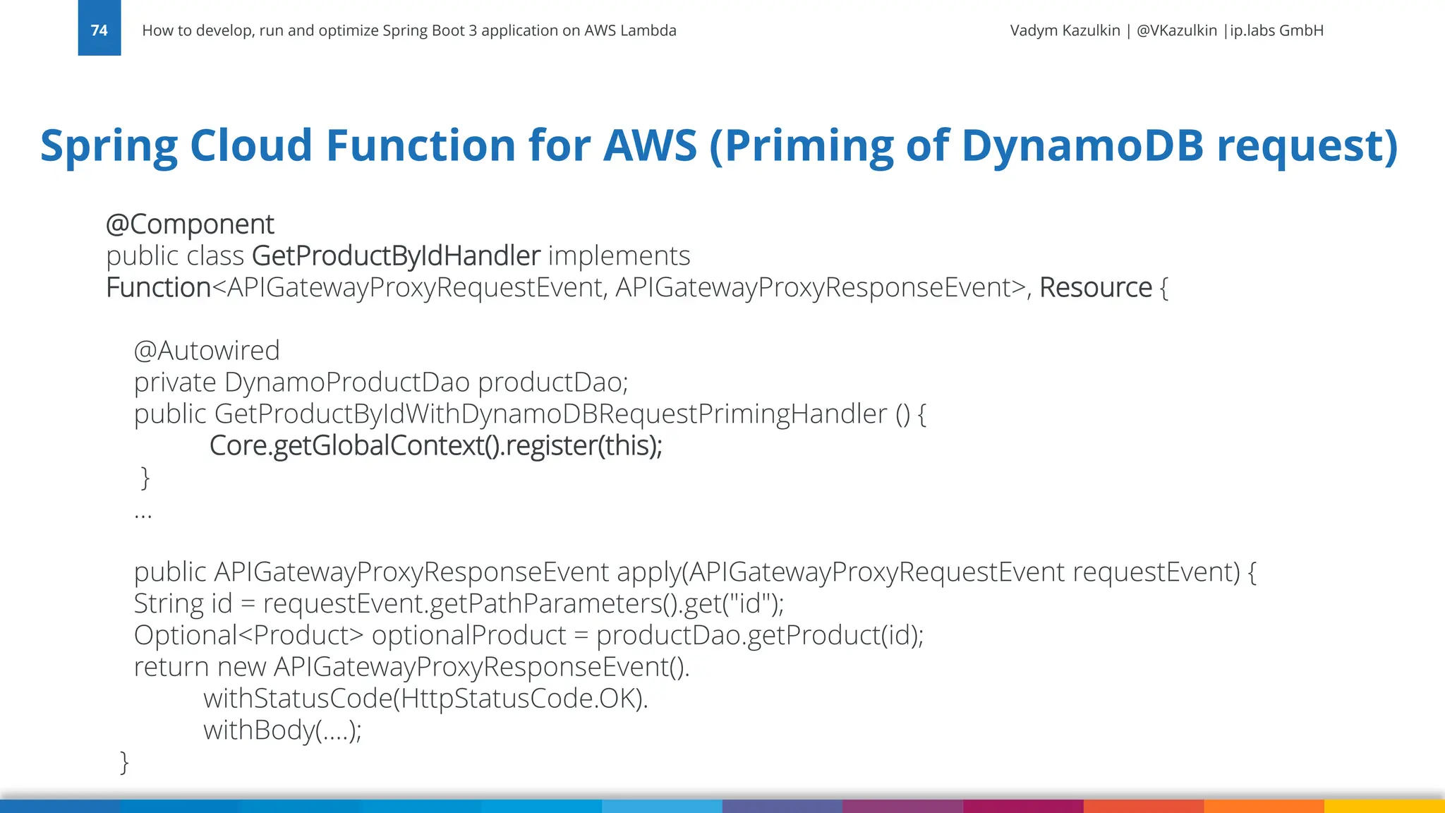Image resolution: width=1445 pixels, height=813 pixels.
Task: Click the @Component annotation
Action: coord(190,224)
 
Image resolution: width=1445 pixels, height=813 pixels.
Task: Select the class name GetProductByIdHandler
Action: coord(396,255)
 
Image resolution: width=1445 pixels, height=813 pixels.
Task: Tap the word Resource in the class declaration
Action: coord(1095,288)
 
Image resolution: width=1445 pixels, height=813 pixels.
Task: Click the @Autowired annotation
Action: coord(207,351)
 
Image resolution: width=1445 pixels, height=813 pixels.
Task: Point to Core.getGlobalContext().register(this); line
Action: coord(435,446)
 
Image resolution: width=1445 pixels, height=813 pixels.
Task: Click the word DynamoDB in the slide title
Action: coord(1082,145)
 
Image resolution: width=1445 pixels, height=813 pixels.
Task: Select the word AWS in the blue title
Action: coord(650,145)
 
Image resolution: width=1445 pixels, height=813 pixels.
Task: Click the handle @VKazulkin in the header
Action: coord(1176,30)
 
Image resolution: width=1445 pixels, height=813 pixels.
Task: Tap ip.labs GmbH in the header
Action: coord(1276,30)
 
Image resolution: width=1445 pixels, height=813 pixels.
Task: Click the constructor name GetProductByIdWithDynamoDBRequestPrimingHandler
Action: coord(550,414)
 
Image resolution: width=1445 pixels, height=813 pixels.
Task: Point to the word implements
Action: coord(619,255)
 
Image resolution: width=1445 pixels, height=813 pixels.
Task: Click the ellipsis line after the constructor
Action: coord(143,513)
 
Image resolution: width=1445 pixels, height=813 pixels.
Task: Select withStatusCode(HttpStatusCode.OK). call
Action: coord(425,699)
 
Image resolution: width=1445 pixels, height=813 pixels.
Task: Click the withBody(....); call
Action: coord(282,730)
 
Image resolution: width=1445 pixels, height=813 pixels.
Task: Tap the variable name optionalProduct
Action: coord(468,636)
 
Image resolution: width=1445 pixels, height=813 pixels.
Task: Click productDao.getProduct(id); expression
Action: coord(759,636)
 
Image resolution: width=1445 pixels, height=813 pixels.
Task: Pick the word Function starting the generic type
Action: coord(158,288)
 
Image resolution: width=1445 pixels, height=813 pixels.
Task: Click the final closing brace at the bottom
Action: coord(125,762)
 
